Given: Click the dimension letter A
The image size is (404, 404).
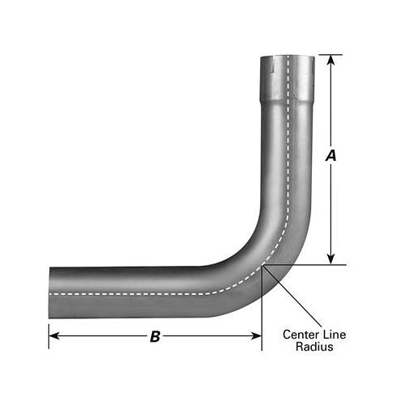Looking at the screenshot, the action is pyautogui.click(x=330, y=156).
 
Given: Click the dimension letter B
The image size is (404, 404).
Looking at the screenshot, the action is pyautogui.click(x=155, y=336).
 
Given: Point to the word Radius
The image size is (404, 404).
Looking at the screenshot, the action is pyautogui.click(x=314, y=347).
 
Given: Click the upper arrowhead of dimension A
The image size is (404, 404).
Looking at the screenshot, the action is pyautogui.click(x=330, y=60).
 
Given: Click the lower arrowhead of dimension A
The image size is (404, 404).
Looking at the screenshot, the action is pyautogui.click(x=330, y=259).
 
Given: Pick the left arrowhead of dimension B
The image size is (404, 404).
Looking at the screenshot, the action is pyautogui.click(x=54, y=336).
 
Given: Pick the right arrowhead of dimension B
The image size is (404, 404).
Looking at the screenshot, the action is pyautogui.click(x=256, y=336).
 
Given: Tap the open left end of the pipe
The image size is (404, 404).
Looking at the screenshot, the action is pyautogui.click(x=49, y=292).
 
